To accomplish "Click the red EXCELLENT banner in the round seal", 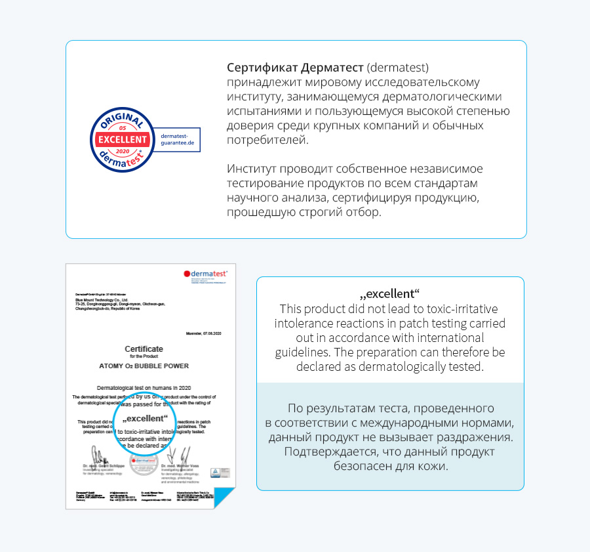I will point(123,139).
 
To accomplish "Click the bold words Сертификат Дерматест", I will point(295,68).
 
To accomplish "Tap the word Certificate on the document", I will point(144,349).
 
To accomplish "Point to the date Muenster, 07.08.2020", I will point(201,334).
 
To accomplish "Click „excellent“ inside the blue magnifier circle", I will point(145,418).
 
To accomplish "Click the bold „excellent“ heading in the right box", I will point(390,293).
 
